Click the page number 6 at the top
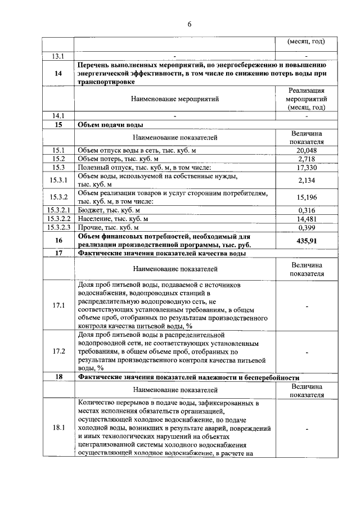[190, 24]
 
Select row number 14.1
[58, 116]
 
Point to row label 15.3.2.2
[58, 219]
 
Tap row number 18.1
[58, 428]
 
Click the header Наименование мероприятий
[175, 99]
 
